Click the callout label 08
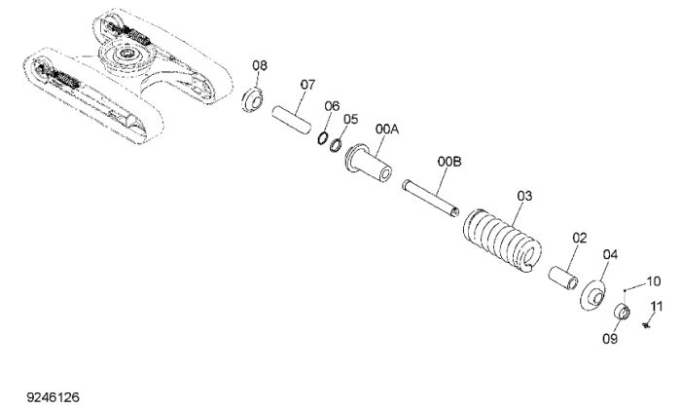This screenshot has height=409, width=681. [260, 65]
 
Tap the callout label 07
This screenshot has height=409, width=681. [307, 85]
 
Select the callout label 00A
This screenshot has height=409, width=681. [387, 130]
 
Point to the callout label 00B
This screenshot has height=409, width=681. [449, 162]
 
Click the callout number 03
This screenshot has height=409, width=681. [524, 196]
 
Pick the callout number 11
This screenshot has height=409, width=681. [657, 307]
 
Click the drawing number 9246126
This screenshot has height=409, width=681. [53, 397]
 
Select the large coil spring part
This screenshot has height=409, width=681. [502, 241]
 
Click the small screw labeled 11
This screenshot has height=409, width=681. [646, 324]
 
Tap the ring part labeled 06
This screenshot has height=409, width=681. [322, 137]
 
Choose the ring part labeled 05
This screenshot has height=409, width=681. [335, 145]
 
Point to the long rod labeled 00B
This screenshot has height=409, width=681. [431, 198]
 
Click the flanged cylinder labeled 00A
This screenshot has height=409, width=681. [369, 163]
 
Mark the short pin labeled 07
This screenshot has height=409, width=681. [292, 120]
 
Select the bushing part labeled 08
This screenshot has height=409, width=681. [252, 99]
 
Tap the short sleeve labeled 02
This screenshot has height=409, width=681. [563, 278]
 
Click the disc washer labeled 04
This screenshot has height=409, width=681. [593, 296]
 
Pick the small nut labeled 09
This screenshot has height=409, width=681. [622, 312]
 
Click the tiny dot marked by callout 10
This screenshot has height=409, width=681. [625, 290]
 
